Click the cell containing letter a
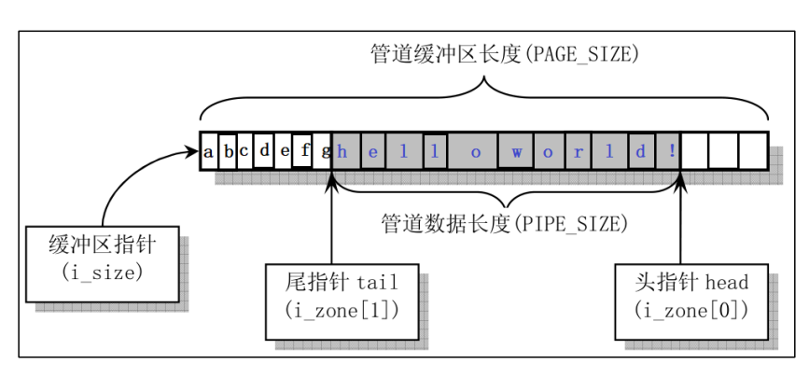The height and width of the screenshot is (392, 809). (208, 150)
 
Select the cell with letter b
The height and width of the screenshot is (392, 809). (227, 150)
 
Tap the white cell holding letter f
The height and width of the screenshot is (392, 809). (301, 149)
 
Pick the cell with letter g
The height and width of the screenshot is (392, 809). (323, 150)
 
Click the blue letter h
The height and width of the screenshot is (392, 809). (342, 150)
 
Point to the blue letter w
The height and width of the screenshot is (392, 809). (516, 150)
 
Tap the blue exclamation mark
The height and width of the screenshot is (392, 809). (672, 150)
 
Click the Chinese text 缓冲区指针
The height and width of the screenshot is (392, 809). (103, 246)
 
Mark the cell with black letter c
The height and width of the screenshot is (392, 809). (244, 150)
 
